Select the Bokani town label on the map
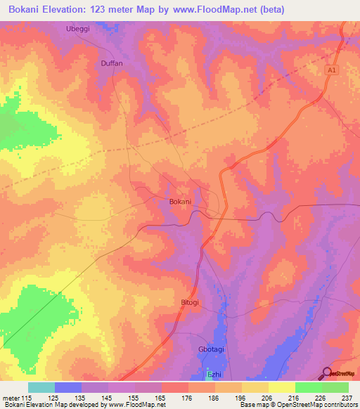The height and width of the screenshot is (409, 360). [180, 202]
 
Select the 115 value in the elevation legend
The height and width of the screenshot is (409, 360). [27, 397]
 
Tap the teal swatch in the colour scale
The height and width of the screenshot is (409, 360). [41, 387]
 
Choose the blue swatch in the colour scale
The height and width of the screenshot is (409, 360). [68, 387]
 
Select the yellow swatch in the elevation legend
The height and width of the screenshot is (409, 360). [281, 387]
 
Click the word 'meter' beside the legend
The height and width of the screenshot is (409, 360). [11, 397]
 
